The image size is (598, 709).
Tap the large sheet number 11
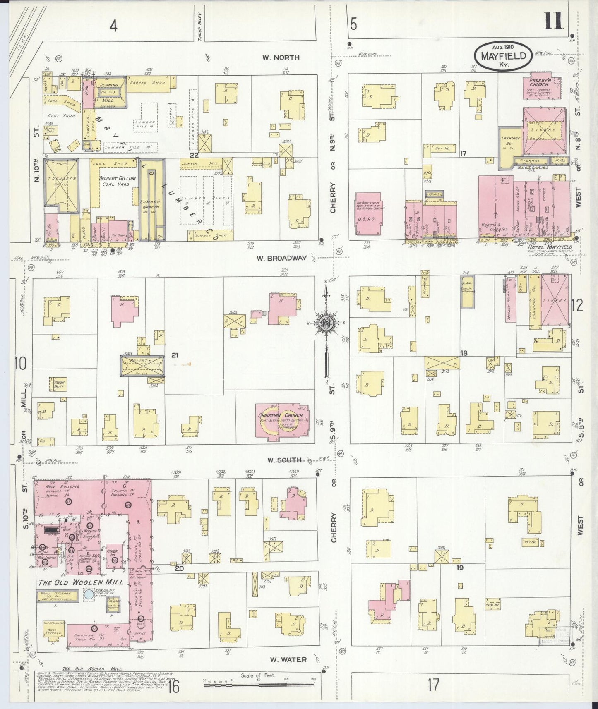(x=553, y=21)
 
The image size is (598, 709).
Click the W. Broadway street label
(x=281, y=258)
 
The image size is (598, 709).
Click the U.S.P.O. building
(x=369, y=215)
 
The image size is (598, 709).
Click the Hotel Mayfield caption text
(x=550, y=247)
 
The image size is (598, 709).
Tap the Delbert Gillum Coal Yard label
(x=117, y=181)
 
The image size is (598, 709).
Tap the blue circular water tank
(x=88, y=594)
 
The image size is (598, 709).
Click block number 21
(x=174, y=355)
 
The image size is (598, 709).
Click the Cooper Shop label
(x=147, y=82)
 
